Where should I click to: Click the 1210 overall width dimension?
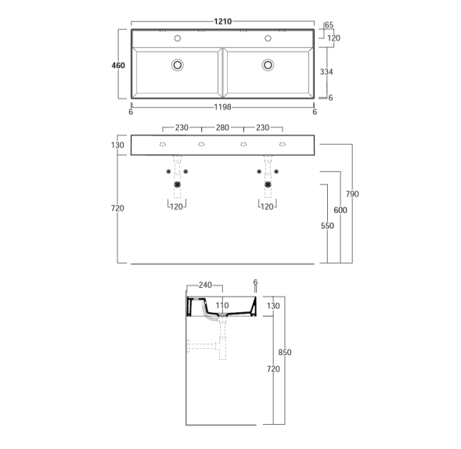[222, 21]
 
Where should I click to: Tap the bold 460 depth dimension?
[118, 66]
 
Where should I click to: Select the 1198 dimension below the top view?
[222, 107]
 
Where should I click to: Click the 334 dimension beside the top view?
[326, 72]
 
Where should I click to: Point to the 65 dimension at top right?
[330, 25]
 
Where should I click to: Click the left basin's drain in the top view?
[178, 65]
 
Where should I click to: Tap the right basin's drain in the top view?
[268, 65]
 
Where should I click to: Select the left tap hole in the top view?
[178, 38]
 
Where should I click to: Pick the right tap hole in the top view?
[268, 38]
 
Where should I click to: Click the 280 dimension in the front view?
[222, 128]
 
